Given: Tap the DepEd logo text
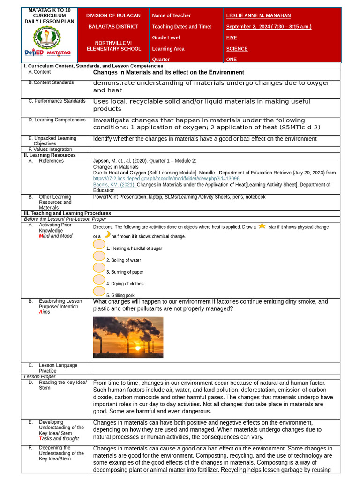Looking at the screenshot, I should [34, 52].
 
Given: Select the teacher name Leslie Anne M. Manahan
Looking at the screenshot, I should [258, 15].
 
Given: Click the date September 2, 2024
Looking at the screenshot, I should [248, 27].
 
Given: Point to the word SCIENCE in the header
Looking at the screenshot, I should [237, 49].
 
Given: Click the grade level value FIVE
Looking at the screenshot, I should [232, 37].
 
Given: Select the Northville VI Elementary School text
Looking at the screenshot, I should [113, 45].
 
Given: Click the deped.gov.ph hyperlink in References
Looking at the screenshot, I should [166, 179].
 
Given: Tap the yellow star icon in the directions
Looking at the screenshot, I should [262, 226].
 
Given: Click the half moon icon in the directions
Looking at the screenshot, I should [107, 234].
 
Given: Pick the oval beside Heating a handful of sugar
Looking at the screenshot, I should [99, 244].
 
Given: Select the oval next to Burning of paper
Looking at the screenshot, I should [99, 268].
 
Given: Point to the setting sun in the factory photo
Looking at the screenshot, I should [137, 348].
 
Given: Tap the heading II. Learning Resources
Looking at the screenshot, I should [50, 155].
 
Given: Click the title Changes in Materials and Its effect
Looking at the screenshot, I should [168, 72].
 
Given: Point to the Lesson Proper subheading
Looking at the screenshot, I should [40, 376].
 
